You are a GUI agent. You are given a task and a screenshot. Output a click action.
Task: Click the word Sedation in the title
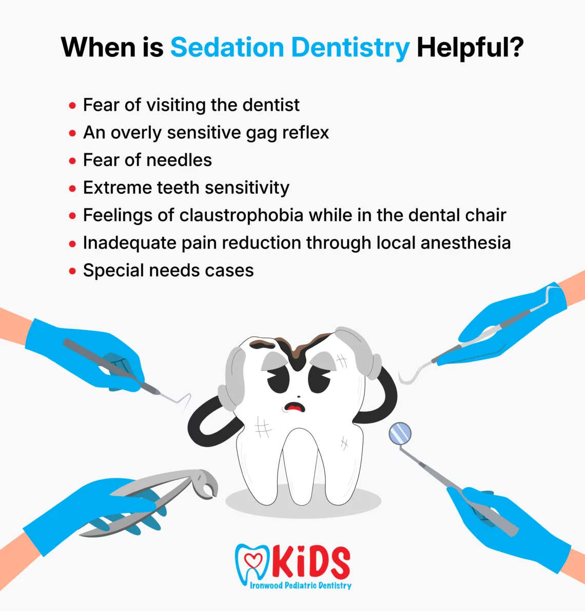coord(227,47)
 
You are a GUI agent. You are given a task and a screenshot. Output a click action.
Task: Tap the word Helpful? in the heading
coord(470,48)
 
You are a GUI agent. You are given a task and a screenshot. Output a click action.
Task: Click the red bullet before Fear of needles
coord(72,161)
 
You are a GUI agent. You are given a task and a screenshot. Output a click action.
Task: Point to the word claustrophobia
coord(241,216)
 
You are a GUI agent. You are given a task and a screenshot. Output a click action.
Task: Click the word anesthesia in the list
coord(465,243)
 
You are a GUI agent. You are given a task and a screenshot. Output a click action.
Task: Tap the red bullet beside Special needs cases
coord(72,271)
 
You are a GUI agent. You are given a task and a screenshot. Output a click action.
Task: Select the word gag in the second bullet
coord(261,133)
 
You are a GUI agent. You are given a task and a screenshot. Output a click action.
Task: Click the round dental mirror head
coord(400,433)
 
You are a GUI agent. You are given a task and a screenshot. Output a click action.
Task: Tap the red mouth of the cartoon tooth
coord(295,408)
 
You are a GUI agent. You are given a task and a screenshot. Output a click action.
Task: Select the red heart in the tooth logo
coord(253,560)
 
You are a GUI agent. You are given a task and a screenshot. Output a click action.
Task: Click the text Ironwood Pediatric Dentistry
coord(301,585)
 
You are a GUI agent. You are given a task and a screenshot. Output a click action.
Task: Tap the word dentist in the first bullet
coord(271,105)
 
